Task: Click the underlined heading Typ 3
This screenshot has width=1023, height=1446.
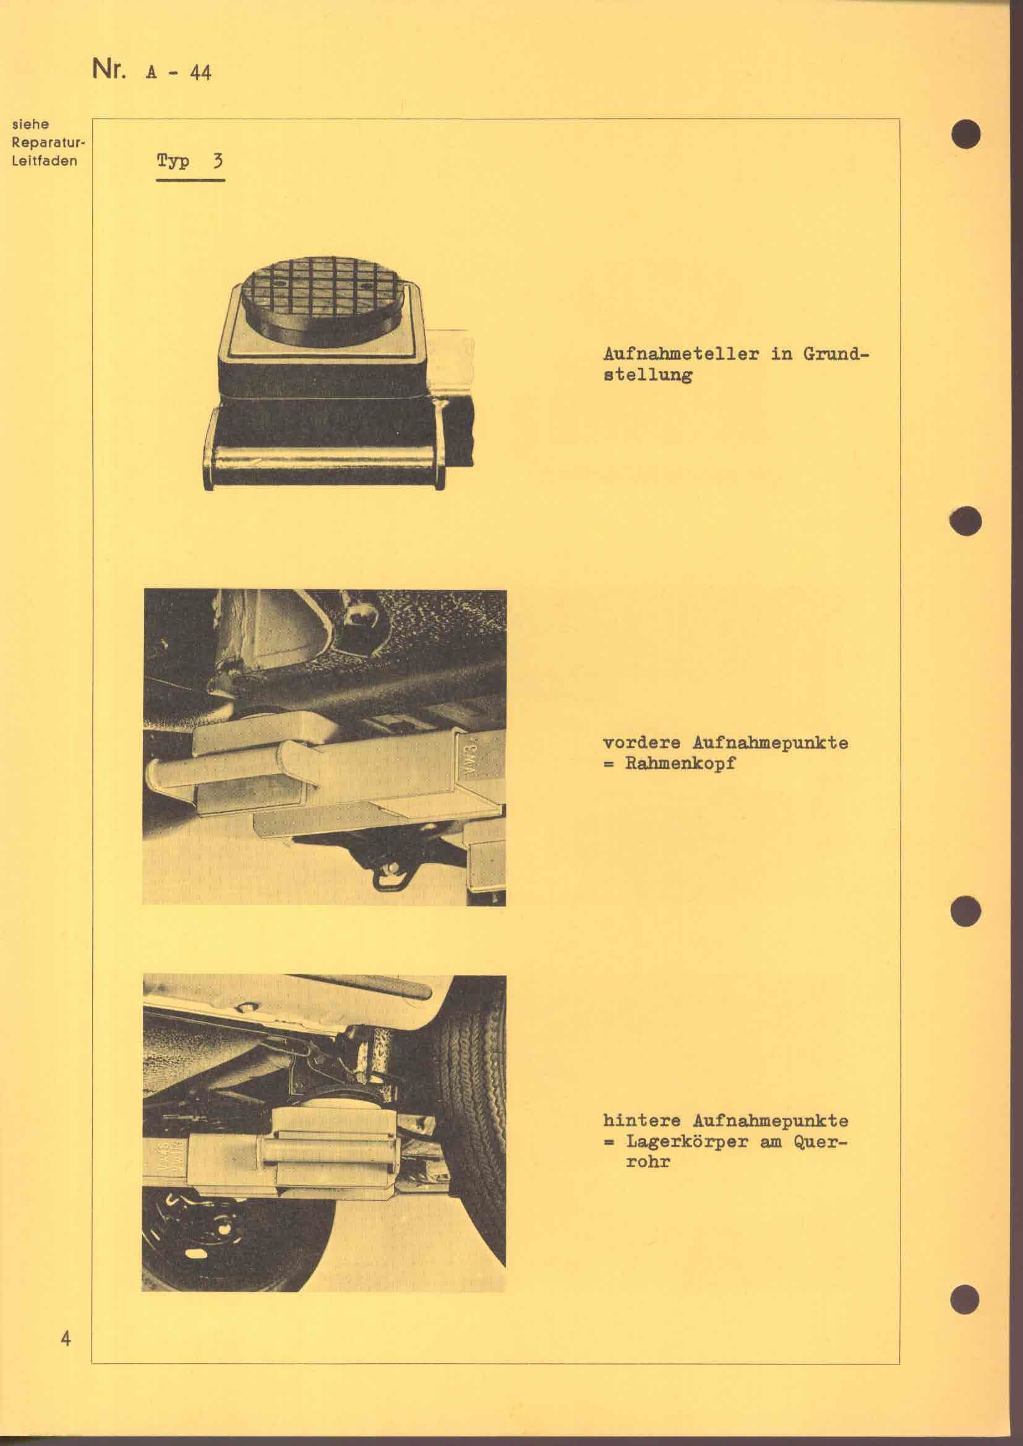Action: (x=190, y=161)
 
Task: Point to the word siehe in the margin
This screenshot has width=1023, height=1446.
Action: (x=30, y=124)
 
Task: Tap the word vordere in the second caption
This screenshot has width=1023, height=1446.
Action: (x=642, y=743)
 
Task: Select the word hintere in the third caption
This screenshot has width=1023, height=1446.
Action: (x=642, y=1120)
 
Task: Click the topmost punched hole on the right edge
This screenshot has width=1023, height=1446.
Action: (x=966, y=133)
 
